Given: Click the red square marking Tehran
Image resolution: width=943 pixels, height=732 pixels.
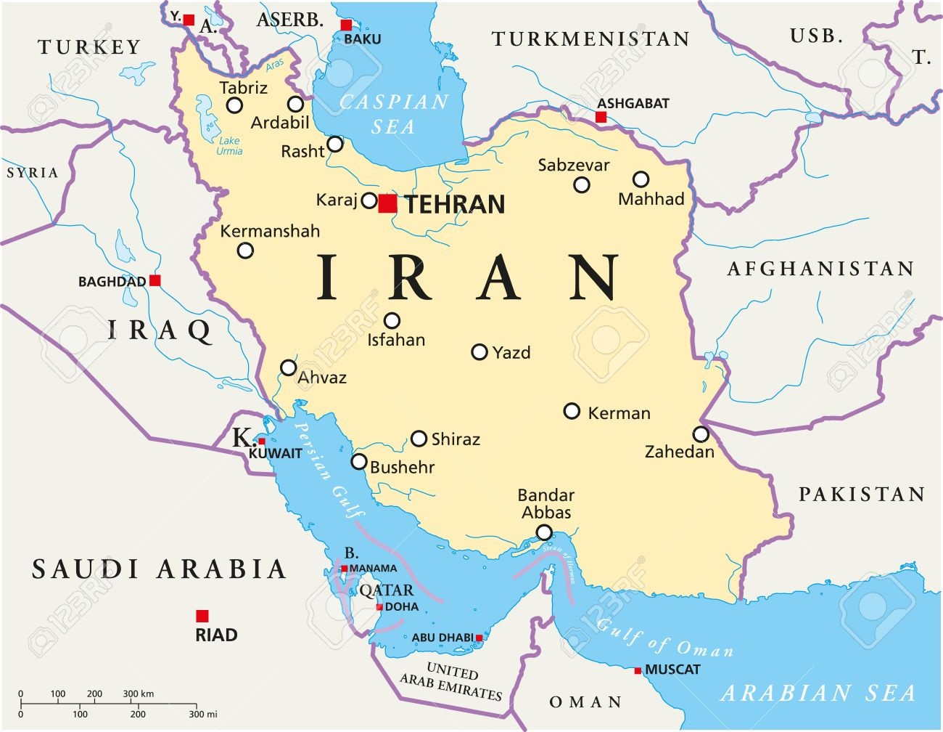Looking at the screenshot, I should tap(387, 203).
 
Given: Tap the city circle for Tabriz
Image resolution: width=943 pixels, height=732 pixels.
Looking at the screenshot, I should tap(234, 105).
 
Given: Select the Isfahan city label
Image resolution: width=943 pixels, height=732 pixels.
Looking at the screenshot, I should tap(396, 340).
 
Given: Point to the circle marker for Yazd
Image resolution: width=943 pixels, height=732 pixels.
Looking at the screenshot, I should tap(479, 352).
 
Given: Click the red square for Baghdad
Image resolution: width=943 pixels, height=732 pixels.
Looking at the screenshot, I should tap(155, 280).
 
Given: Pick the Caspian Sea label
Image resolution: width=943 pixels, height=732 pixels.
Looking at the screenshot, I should tap(394, 114).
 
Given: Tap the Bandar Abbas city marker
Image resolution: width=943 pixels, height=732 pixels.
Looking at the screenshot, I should tap(544, 532).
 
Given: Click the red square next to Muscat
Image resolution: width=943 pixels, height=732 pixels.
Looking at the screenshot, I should tap(638, 670).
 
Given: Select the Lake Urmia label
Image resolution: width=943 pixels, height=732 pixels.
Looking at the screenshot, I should tap(229, 146).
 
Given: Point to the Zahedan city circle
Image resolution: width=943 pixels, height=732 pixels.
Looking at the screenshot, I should tap(701, 434).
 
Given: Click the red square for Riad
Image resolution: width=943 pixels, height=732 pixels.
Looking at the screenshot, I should tap(202, 616).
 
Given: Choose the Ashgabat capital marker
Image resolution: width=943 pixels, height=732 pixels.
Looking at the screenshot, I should tap(601, 117).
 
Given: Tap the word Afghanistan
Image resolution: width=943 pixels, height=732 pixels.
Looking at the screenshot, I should tap(820, 269).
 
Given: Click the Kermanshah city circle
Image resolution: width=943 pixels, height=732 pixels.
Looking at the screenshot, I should tap(246, 251).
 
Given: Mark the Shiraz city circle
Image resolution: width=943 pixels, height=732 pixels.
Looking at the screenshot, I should tap(419, 439).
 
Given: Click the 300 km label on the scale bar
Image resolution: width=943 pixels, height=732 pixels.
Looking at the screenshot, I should tap(138, 694).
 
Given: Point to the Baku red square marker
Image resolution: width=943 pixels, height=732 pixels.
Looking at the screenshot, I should tap(346, 25).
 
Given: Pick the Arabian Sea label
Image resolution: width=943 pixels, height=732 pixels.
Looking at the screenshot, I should tap(818, 693).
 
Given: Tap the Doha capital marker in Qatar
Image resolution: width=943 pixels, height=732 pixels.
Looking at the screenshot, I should tap(379, 607).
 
